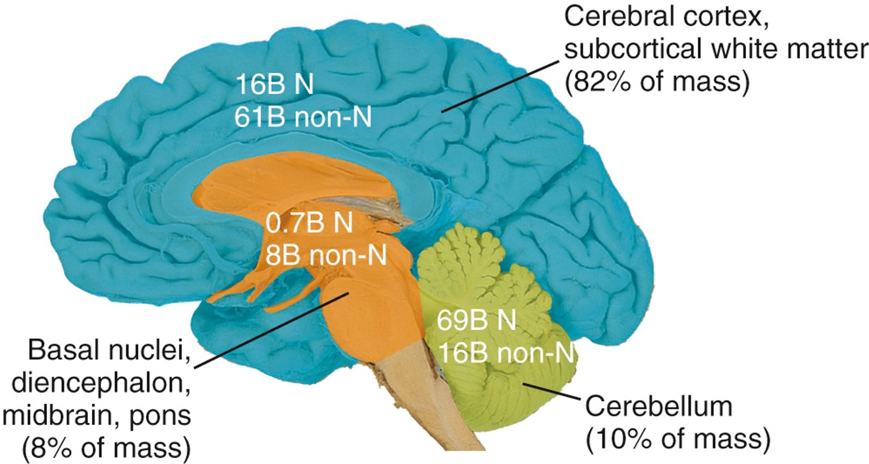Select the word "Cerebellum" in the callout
tap(659, 409)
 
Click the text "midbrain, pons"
tap(107, 417)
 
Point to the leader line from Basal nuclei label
tap(274, 329)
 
